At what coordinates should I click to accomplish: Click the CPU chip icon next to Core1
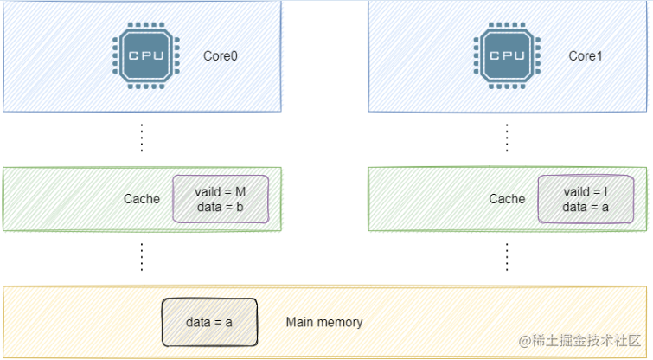[507, 56]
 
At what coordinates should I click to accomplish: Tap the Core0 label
[220, 55]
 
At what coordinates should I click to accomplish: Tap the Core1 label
[586, 55]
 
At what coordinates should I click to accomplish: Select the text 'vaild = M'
[221, 190]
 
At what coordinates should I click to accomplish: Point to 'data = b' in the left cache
[221, 206]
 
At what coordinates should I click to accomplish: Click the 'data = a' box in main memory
[209, 322]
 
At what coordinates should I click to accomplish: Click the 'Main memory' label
[324, 322]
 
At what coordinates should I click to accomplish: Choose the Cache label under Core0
[141, 199]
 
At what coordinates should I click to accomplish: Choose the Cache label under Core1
[507, 199]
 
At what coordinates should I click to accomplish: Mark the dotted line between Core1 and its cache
[507, 138]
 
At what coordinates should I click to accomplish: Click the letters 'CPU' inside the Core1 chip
[507, 55]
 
